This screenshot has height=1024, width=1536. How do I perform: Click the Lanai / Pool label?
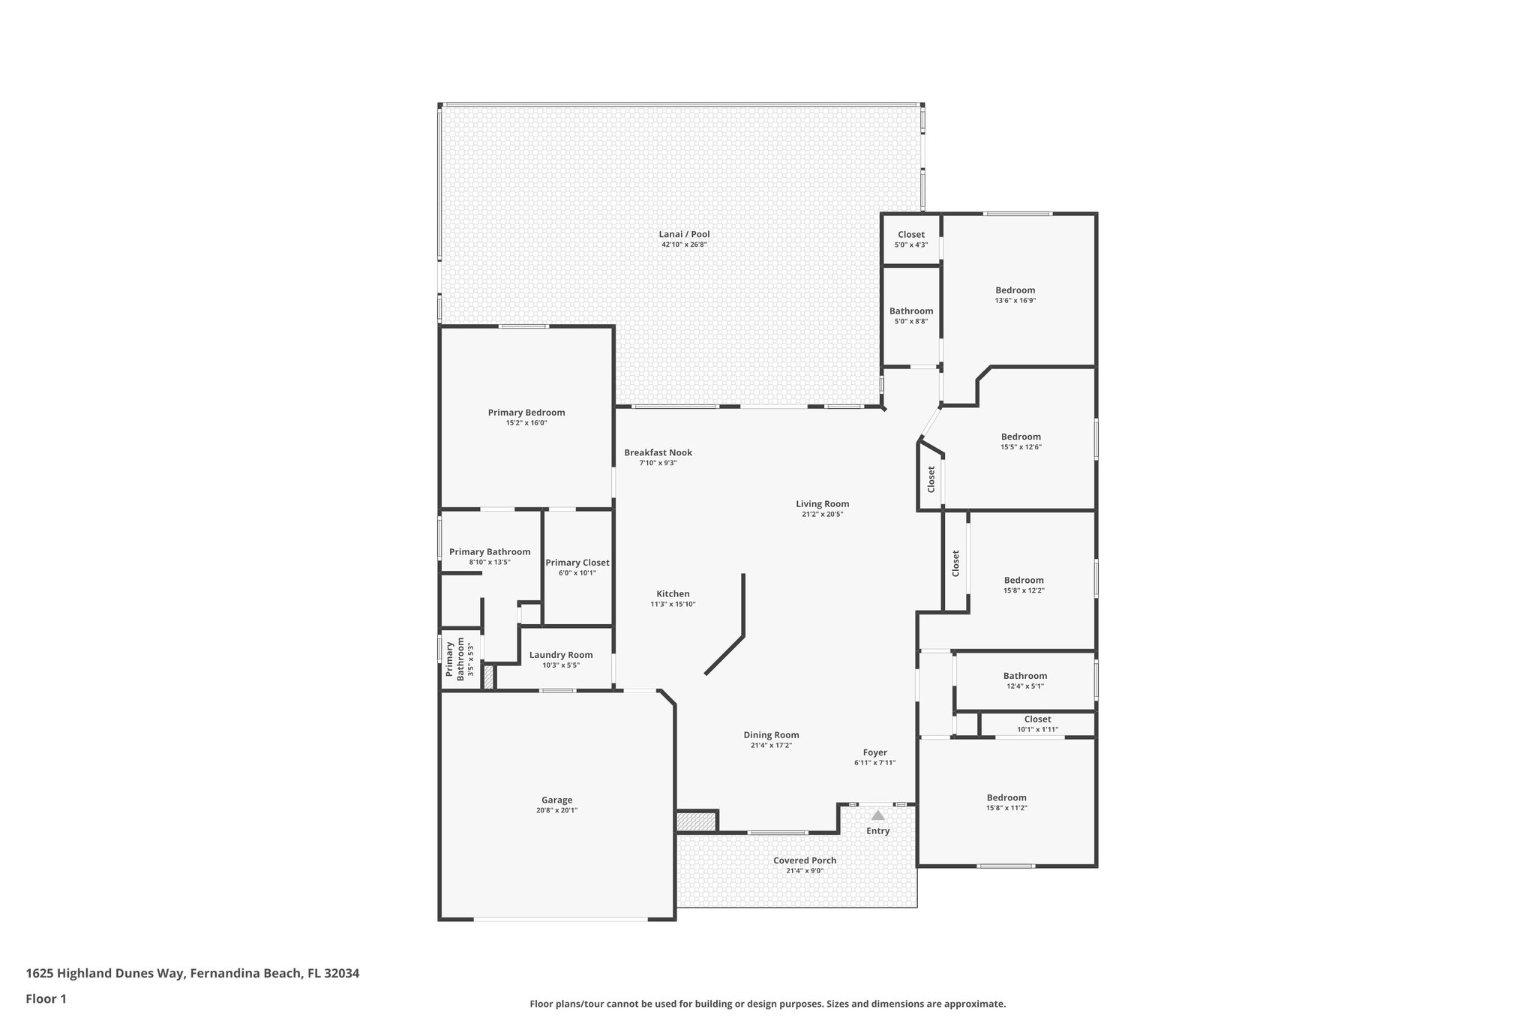click(684, 234)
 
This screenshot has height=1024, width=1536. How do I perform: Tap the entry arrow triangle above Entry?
click(877, 815)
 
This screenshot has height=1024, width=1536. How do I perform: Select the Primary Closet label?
click(577, 563)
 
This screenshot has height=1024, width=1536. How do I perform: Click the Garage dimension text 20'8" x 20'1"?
click(556, 810)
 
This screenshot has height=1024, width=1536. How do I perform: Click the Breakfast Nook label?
click(658, 452)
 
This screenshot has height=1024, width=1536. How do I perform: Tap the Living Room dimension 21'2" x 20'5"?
click(822, 515)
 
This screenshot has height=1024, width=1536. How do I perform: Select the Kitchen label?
click(673, 593)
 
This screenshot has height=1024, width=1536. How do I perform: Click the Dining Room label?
click(771, 735)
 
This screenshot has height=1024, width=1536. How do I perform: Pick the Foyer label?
click(874, 752)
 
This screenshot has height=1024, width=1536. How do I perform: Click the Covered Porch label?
click(804, 860)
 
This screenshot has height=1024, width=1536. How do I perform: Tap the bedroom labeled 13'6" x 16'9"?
click(1015, 290)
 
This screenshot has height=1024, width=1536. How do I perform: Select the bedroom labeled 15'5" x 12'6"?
click(1020, 437)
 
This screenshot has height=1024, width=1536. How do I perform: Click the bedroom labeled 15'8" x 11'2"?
click(1006, 797)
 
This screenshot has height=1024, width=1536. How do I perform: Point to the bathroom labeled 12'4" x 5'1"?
click(1024, 676)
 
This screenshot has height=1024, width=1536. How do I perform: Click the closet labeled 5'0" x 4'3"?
click(910, 235)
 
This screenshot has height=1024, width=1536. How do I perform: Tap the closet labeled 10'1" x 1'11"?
click(1037, 719)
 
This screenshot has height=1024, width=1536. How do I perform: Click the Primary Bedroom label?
click(526, 413)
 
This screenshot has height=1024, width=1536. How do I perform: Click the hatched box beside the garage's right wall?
click(696, 821)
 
